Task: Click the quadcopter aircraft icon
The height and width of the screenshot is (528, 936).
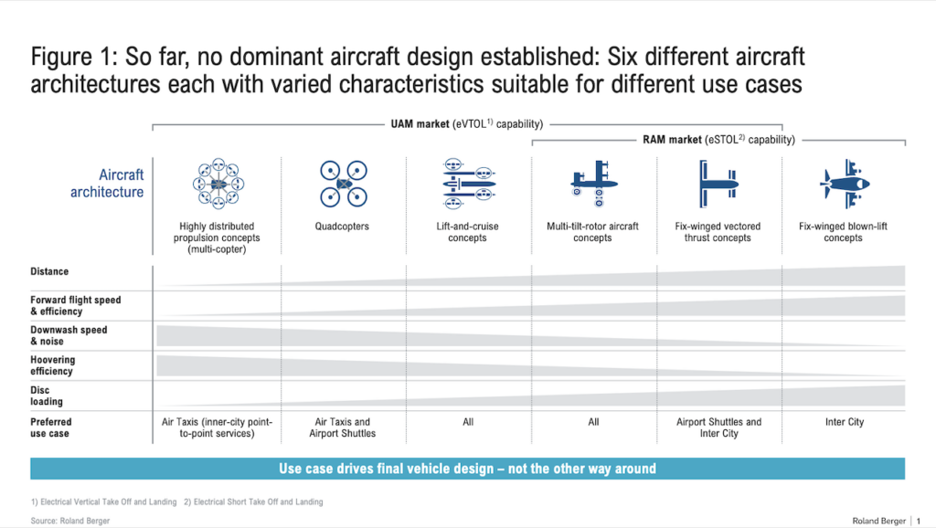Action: (x=344, y=185)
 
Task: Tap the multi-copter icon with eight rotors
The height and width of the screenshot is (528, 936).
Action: (x=218, y=183)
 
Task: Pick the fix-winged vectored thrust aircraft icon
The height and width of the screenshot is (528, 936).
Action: (x=718, y=183)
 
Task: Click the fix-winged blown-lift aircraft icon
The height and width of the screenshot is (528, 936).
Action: (x=844, y=184)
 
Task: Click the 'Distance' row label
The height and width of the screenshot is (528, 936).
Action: (x=49, y=272)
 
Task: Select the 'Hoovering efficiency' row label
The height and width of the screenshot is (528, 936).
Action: (x=53, y=365)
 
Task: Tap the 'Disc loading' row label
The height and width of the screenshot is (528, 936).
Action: (x=47, y=396)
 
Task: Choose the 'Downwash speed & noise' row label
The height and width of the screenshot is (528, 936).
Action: (x=69, y=335)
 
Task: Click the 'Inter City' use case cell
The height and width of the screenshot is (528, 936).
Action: (x=843, y=422)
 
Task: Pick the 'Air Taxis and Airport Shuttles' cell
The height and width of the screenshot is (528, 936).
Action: (x=343, y=428)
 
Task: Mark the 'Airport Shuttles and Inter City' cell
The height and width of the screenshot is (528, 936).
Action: (x=718, y=428)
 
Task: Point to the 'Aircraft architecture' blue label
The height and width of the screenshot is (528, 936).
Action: (x=107, y=184)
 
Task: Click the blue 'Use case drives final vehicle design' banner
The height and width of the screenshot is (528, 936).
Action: (x=467, y=469)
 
